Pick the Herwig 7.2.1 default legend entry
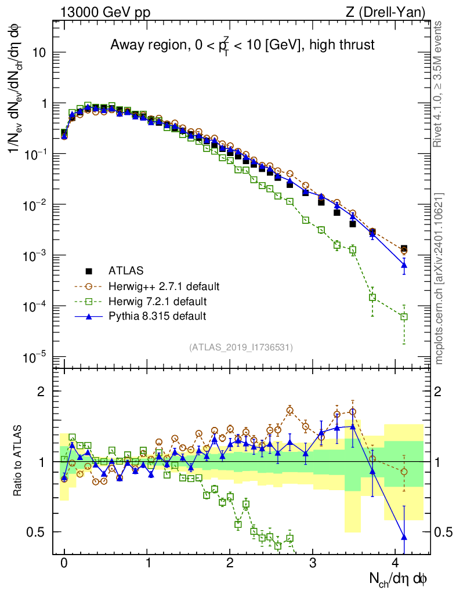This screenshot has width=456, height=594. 157,301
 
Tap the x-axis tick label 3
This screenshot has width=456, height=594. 313,563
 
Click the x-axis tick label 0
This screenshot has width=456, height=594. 64,563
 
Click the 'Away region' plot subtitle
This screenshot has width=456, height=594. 243,45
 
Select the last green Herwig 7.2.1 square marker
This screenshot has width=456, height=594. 404,317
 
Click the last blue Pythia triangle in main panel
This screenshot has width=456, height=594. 404,265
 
